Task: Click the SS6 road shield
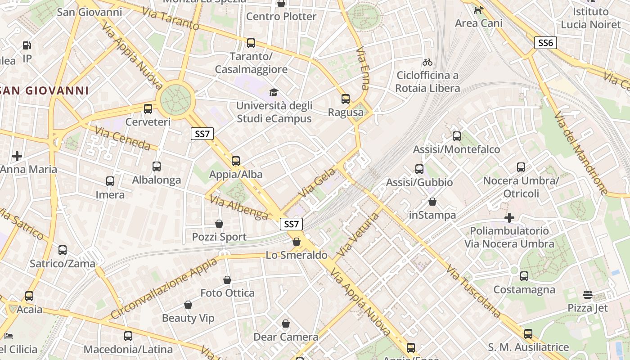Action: [x=545, y=43]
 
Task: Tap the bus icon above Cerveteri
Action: [x=148, y=109]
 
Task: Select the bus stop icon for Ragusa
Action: [x=346, y=99]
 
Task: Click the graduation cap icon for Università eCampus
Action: [x=274, y=93]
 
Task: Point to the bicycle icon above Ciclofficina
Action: [x=427, y=62]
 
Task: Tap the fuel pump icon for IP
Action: [x=27, y=45]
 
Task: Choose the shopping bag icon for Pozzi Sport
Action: [x=219, y=224]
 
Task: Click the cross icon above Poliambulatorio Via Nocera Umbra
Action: [x=509, y=218]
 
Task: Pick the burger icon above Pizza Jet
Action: [x=587, y=295]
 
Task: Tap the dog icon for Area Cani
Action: [x=478, y=10]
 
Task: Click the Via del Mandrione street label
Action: [x=580, y=153]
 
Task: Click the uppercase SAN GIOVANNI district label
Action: [x=45, y=90]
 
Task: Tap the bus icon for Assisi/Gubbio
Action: [x=419, y=169]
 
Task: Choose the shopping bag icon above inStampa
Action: [x=432, y=202]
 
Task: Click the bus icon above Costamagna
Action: [x=524, y=276]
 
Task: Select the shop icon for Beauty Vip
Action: [x=188, y=305]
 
